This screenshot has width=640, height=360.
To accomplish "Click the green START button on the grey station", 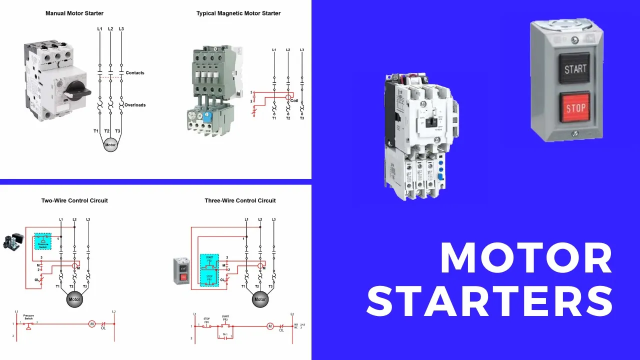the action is (x=575, y=68).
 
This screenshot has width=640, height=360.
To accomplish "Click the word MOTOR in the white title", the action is (x=526, y=258).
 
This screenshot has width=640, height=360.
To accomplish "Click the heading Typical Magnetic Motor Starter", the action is (x=238, y=13).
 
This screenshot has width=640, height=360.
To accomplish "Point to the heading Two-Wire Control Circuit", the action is (x=74, y=201).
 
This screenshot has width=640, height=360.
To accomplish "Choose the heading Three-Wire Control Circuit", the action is (x=240, y=201).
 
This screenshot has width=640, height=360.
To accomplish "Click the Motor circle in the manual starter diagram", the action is (x=110, y=145).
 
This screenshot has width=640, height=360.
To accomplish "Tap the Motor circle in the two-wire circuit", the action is (x=74, y=299).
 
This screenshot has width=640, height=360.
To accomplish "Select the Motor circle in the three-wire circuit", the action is (x=260, y=299).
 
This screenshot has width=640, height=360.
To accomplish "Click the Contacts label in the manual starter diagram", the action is (x=135, y=73).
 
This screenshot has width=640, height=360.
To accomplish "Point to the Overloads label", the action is (x=135, y=105).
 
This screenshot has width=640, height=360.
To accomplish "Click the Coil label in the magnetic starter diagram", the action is (x=294, y=101).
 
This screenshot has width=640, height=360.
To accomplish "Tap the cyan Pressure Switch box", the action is (x=42, y=241).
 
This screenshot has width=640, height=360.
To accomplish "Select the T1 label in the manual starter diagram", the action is (x=95, y=131).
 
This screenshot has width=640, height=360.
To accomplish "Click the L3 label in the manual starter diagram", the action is (x=121, y=29).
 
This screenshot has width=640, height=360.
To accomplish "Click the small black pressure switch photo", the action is (x=14, y=243).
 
